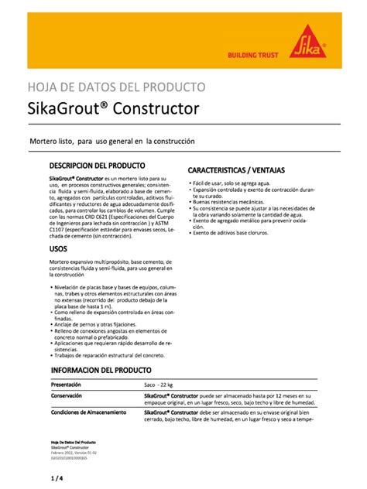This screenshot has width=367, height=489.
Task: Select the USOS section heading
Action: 58,249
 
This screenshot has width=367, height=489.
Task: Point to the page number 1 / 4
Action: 55,480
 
